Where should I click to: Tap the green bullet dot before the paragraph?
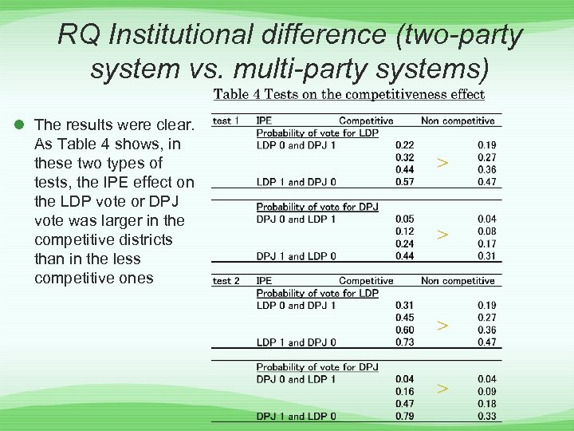pos(18,125)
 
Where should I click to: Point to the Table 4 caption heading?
pos(348,94)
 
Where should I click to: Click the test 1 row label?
pos(226,121)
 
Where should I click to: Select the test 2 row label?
pos(226,281)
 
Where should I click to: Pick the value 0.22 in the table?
pos(404,145)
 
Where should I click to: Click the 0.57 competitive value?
pos(404,182)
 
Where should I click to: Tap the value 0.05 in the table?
pos(404,219)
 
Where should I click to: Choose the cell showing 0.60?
pos(404,330)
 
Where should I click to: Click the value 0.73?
pos(404,342)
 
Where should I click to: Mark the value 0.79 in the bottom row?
pos(404,416)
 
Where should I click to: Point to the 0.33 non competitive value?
pos(486,416)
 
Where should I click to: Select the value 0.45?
pos(404,318)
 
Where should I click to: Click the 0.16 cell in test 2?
pos(404,392)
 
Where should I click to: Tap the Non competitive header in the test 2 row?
pos(458,281)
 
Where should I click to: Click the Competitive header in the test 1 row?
pos(366,121)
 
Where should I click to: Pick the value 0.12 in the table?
pos(404,231)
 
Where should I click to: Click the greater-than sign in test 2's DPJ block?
pos(442,389)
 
